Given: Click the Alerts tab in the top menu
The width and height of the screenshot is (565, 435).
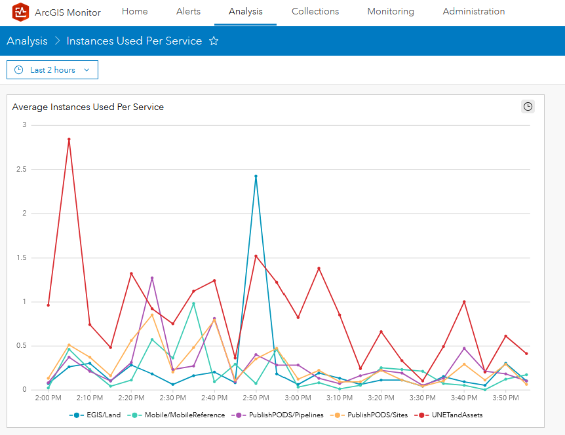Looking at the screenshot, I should click(x=188, y=12).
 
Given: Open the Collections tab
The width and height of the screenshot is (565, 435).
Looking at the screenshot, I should click(x=315, y=12).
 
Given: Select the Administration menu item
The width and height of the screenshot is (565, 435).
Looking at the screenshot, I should click(x=473, y=12).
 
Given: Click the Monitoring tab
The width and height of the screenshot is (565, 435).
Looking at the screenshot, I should click(x=391, y=12).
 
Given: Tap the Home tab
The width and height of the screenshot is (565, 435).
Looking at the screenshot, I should click(x=134, y=12).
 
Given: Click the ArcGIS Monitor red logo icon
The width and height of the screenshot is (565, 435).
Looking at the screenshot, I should click(x=21, y=12).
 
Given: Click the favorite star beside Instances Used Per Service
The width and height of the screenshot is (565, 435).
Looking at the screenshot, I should click(x=214, y=41).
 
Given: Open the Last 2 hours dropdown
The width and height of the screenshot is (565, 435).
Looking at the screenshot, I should click(x=52, y=70).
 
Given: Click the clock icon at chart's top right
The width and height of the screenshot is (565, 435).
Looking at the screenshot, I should click(x=528, y=107).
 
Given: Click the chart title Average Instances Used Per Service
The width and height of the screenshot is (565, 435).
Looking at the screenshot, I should click(x=88, y=107).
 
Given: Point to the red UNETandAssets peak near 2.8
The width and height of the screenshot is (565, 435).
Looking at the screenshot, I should click(x=69, y=139).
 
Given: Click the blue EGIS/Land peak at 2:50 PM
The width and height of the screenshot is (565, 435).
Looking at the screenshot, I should click(x=256, y=176).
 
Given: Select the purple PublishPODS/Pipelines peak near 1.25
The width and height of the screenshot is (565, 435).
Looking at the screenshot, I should click(x=152, y=278).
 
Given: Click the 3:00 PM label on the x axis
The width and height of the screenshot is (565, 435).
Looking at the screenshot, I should click(x=297, y=398).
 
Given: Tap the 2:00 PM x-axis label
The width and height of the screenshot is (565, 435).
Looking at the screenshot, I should click(x=48, y=398).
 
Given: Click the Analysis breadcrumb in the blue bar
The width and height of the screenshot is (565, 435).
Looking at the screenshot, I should click(x=27, y=41).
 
